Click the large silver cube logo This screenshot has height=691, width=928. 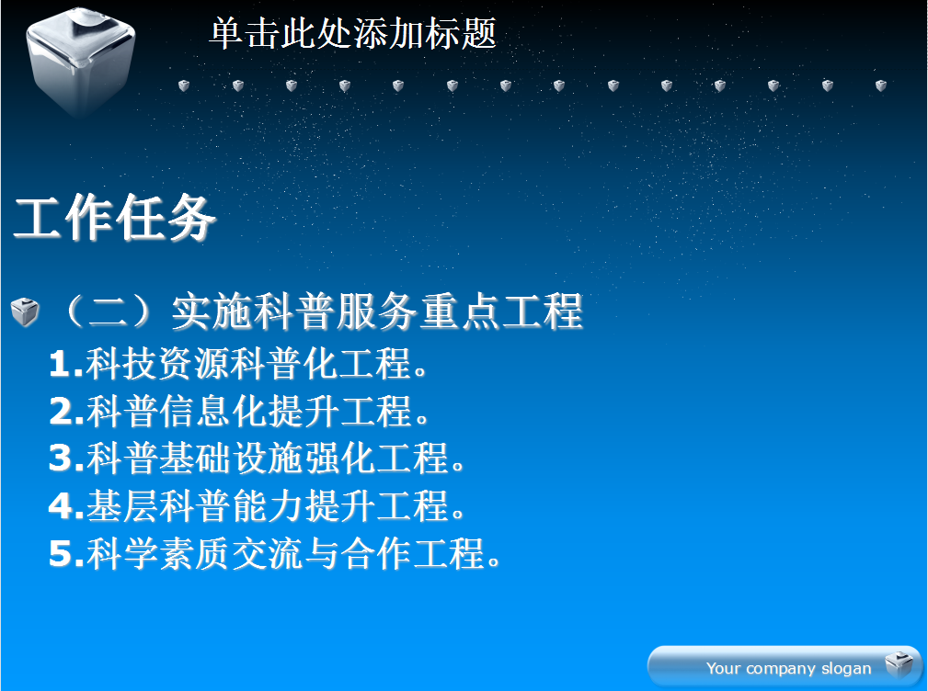[81, 62]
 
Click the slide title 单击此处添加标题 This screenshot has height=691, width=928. [353, 33]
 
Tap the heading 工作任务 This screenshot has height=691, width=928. [114, 218]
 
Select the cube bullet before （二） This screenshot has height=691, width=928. [25, 312]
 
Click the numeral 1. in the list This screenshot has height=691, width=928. [66, 363]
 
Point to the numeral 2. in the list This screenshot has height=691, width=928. [67, 411]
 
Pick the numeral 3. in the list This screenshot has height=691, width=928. [67, 459]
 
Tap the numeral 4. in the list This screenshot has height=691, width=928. [67, 506]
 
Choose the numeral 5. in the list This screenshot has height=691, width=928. [67, 553]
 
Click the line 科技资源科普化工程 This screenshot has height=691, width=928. [257, 363]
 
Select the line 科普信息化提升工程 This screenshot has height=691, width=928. [258, 411]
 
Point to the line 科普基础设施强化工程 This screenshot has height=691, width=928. [276, 459]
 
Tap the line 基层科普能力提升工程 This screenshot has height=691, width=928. [276, 506]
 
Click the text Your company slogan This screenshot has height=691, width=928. [788, 668]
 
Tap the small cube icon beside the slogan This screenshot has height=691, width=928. [899, 664]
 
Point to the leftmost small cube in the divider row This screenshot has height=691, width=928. [184, 85]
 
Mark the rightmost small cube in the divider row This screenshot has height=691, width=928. [881, 85]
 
